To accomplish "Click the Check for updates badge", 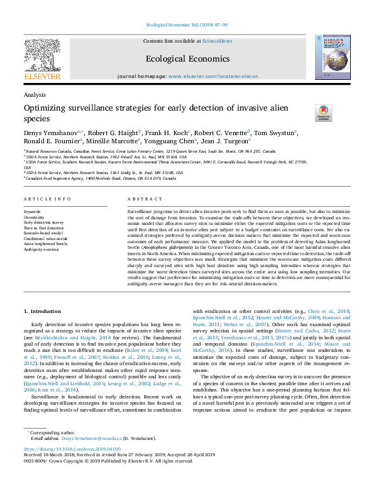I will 323,112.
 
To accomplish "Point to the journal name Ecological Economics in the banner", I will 187,58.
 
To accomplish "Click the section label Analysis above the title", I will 34,94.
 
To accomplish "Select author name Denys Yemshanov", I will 50,133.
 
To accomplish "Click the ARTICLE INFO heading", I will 48,199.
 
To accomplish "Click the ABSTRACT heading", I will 140,199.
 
